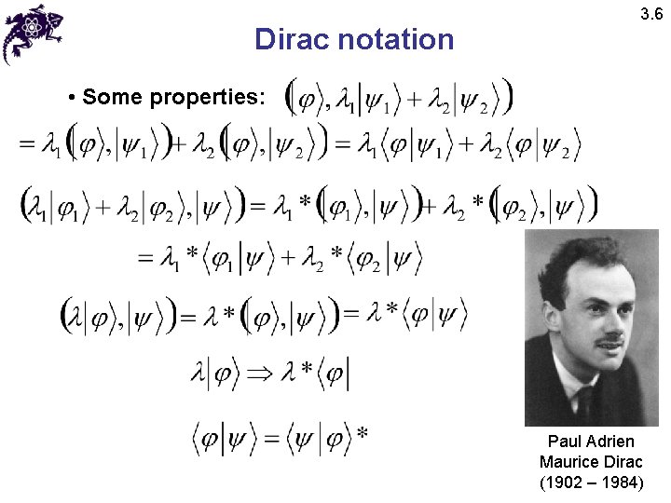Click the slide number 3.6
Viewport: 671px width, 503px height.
650,15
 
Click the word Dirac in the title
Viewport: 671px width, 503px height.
292,40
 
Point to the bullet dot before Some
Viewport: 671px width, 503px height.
72,97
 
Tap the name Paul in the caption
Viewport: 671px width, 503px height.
566,442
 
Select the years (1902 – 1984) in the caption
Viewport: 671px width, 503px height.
591,483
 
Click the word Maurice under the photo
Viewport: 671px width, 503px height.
567,462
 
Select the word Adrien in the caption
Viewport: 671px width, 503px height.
610,442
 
